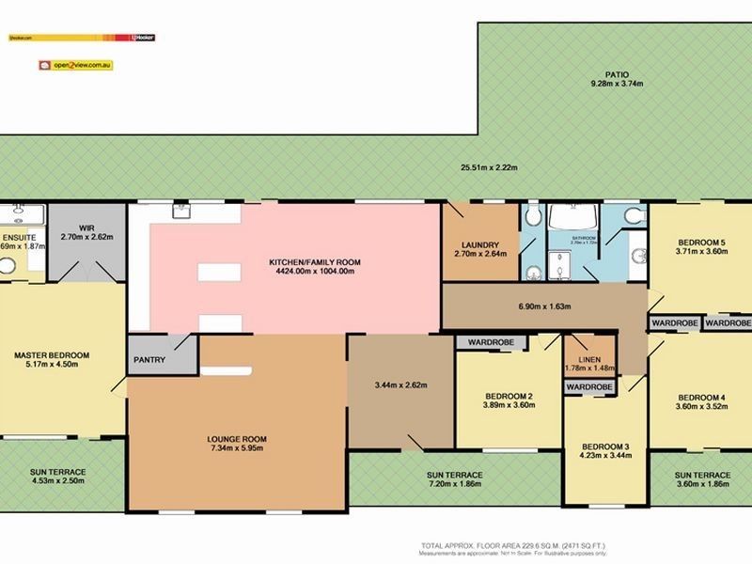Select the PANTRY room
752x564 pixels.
[x=149, y=359]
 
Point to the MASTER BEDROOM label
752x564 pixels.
[x=52, y=354]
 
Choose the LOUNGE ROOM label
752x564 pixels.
[x=237, y=439]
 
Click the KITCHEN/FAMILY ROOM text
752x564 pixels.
[x=315, y=261]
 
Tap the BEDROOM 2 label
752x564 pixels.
[x=509, y=396]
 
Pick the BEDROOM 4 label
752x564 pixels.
[x=702, y=396]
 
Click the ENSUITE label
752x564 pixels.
[x=19, y=238]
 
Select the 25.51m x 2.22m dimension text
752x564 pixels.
[x=489, y=168]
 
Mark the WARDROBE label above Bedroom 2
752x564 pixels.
[x=484, y=342]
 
